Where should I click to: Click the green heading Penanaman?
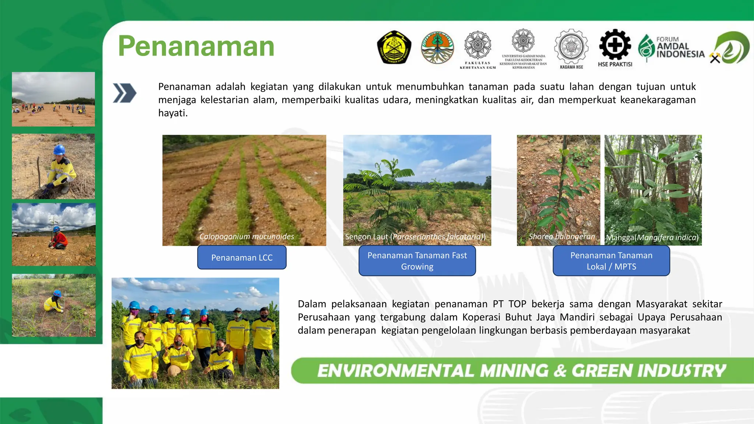tap(196, 46)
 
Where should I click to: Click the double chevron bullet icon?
tap(124, 93)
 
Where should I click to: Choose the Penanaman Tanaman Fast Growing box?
tap(417, 261)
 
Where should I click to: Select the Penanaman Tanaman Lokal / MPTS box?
tap(611, 261)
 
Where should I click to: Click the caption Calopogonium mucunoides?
tap(247, 237)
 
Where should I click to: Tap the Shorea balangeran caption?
tap(561, 237)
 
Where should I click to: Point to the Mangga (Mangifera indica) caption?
tap(652, 237)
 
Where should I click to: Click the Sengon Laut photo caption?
tap(415, 237)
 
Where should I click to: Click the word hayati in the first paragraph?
tap(173, 113)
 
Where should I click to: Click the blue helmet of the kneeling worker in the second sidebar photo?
tap(59, 149)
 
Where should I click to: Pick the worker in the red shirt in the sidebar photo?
tap(59, 239)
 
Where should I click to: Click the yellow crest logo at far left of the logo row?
tap(394, 47)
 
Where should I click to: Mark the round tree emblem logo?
tap(437, 47)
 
